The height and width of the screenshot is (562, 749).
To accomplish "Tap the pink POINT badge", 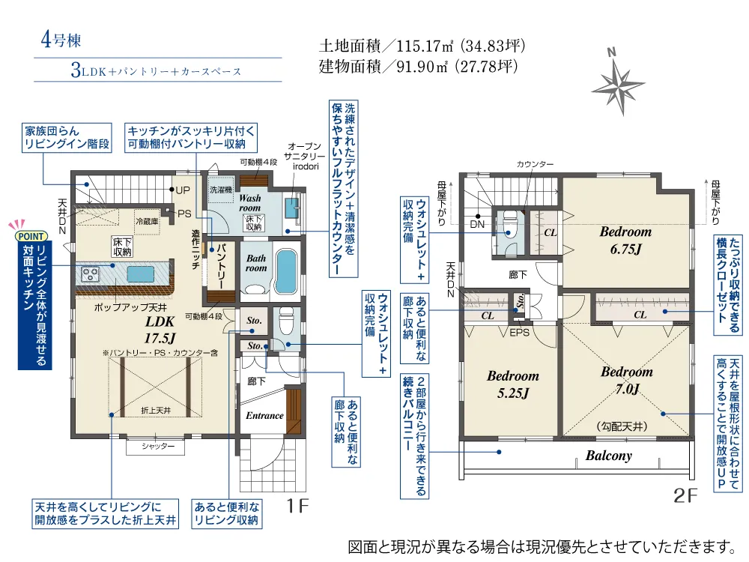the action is [x=31, y=236].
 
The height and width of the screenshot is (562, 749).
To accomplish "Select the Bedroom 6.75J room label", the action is [x=625, y=240].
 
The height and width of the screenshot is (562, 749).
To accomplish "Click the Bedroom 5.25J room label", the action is [x=512, y=384].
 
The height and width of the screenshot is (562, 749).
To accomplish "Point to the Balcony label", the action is [x=608, y=456].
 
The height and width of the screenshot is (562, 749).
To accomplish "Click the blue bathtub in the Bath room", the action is [x=286, y=271].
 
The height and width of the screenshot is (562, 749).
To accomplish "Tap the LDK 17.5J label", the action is [x=160, y=330].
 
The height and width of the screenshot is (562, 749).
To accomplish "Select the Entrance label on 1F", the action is [x=264, y=416].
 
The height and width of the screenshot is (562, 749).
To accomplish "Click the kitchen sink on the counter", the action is [x=141, y=274].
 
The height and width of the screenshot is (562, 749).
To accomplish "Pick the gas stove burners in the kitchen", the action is [x=90, y=274].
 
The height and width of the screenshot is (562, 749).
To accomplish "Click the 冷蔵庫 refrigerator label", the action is [x=147, y=222].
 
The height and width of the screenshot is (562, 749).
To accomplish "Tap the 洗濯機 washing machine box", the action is [x=221, y=190].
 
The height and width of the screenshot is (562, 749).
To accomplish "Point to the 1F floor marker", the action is [x=297, y=505].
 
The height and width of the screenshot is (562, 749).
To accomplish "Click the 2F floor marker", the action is [x=685, y=495].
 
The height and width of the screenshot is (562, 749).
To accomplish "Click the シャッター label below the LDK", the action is [x=158, y=447].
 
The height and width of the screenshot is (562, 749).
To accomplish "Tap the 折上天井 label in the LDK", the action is [x=157, y=410].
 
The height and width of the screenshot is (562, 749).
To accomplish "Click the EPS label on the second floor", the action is [x=519, y=332].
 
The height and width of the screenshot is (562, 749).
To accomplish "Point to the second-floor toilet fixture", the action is [x=508, y=229].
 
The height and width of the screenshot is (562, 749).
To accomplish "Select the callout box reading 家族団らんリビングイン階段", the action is [x=67, y=138].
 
